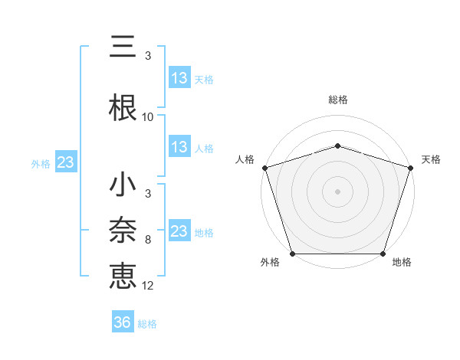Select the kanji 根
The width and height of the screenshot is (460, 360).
[123, 107]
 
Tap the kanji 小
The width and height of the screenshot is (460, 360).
[123, 185]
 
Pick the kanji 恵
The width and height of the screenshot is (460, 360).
[123, 275]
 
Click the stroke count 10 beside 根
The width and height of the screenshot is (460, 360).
[148, 117]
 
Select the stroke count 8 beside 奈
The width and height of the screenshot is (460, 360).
[148, 240]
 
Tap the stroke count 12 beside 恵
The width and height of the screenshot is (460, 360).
[148, 285]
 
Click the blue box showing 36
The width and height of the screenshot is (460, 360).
[123, 322]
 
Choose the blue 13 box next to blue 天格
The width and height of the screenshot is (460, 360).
[179, 78]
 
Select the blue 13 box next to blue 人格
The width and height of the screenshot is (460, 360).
[179, 147]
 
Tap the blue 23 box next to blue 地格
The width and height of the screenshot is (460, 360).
[179, 231]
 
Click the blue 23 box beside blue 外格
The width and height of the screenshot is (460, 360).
[65, 162]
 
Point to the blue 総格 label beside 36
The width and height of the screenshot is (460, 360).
[147, 324]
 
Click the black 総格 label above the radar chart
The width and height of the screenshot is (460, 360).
[338, 100]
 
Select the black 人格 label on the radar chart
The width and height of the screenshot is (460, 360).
[245, 159]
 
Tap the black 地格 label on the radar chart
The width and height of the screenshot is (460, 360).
[402, 263]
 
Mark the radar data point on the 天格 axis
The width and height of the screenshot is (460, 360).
[410, 168]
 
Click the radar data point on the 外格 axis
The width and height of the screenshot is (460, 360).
[293, 254]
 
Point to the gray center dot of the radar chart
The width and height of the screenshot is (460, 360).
[338, 191]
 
